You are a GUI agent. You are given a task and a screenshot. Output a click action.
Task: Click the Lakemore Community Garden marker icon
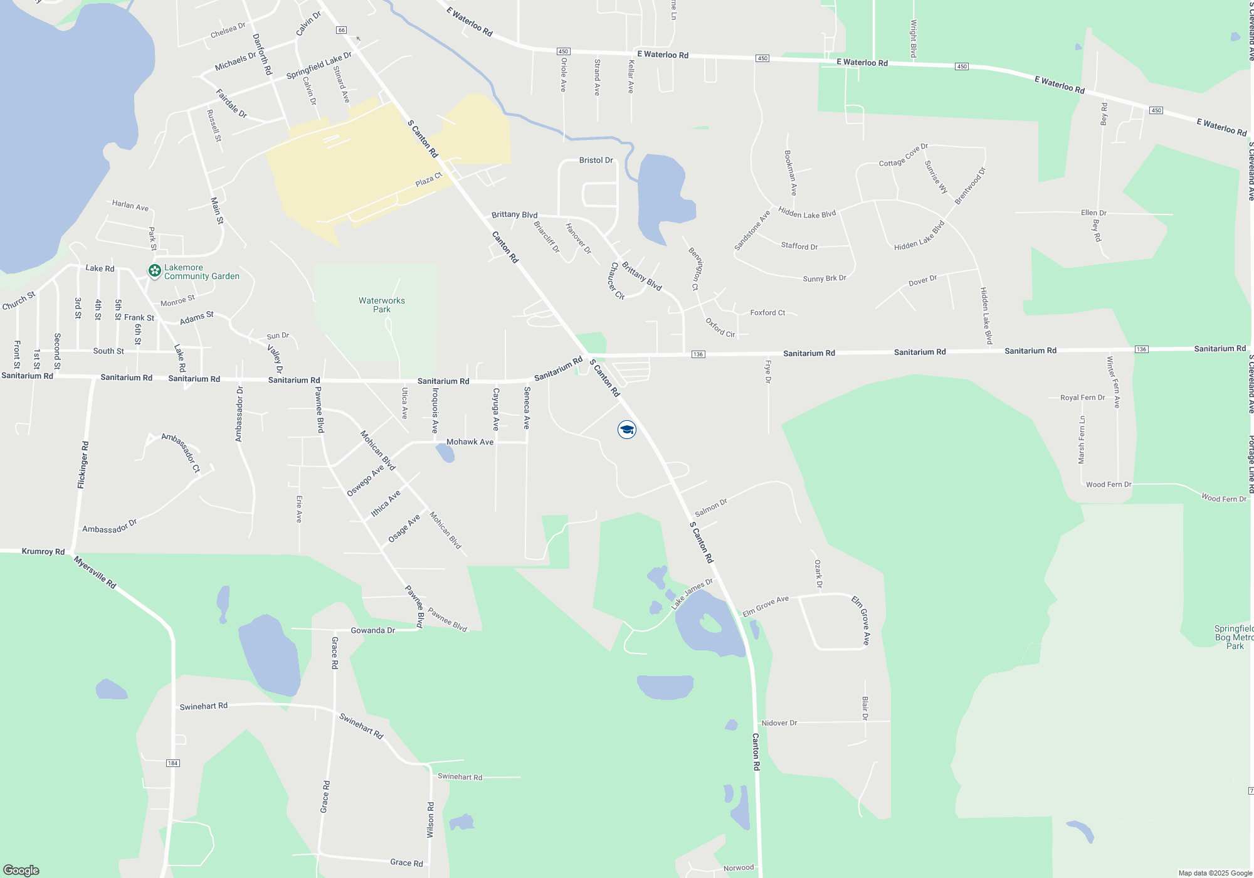(x=154, y=271)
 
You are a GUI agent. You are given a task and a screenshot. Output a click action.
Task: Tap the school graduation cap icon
(x=626, y=430)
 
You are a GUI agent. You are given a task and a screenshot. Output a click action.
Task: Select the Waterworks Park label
(x=381, y=305)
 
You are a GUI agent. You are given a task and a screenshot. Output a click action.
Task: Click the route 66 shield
(x=341, y=30)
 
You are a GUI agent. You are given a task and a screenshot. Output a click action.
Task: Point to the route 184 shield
(x=172, y=763)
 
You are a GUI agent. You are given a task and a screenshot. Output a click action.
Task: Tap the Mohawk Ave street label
(x=470, y=442)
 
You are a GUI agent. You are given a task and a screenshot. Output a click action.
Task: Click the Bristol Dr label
(x=596, y=161)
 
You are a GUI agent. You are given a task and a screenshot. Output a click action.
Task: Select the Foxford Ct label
(x=767, y=312)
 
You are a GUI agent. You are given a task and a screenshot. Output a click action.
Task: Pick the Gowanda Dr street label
(x=372, y=630)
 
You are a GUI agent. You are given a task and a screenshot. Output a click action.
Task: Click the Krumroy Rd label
(x=43, y=552)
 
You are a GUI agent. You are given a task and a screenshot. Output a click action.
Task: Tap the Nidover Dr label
(x=779, y=723)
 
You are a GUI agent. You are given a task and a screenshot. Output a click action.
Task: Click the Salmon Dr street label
(x=711, y=507)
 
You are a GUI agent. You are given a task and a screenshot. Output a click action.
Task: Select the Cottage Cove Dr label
(x=903, y=155)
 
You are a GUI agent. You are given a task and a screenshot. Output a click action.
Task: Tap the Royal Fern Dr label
(x=1082, y=398)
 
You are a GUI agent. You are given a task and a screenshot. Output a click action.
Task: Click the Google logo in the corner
(x=21, y=870)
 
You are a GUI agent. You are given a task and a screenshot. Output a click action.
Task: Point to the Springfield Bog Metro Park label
(x=1233, y=637)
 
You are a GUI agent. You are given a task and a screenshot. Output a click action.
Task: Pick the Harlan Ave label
(x=130, y=205)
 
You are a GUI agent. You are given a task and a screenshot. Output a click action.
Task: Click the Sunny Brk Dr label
(x=825, y=278)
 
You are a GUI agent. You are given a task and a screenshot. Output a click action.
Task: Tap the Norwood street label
(x=739, y=868)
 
